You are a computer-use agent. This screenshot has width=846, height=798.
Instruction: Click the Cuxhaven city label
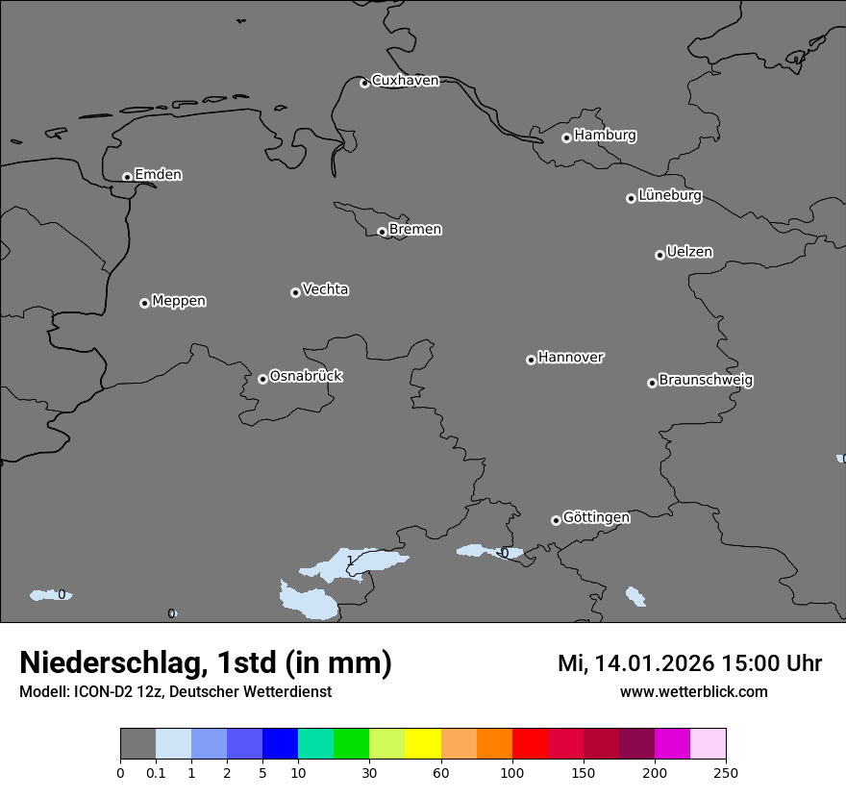point(405,81)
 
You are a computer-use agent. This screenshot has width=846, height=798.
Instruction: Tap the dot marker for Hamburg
point(566,137)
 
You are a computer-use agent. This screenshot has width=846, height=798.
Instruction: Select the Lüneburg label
point(669,196)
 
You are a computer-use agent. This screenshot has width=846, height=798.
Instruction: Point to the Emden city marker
point(127,177)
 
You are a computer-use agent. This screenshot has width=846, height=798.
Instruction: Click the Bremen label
point(415,230)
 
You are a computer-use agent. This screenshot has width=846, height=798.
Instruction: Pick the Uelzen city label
point(689,253)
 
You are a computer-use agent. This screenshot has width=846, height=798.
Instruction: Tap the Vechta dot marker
point(295,292)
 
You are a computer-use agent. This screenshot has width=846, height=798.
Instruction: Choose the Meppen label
point(179,302)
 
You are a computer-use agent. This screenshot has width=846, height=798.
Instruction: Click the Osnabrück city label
point(306,377)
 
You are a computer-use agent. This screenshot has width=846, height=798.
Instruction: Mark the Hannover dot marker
point(531,360)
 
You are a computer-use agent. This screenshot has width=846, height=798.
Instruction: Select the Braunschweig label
point(706,381)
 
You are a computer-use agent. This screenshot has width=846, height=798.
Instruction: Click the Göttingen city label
point(596,518)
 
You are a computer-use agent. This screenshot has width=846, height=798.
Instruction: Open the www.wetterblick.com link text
point(693,692)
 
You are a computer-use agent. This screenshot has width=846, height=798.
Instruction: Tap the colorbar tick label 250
point(726,772)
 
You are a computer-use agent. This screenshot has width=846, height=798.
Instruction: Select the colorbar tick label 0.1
point(156,772)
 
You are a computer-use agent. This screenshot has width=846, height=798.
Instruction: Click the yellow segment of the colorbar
point(423,744)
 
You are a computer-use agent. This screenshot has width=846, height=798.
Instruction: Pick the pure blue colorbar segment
point(280,744)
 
